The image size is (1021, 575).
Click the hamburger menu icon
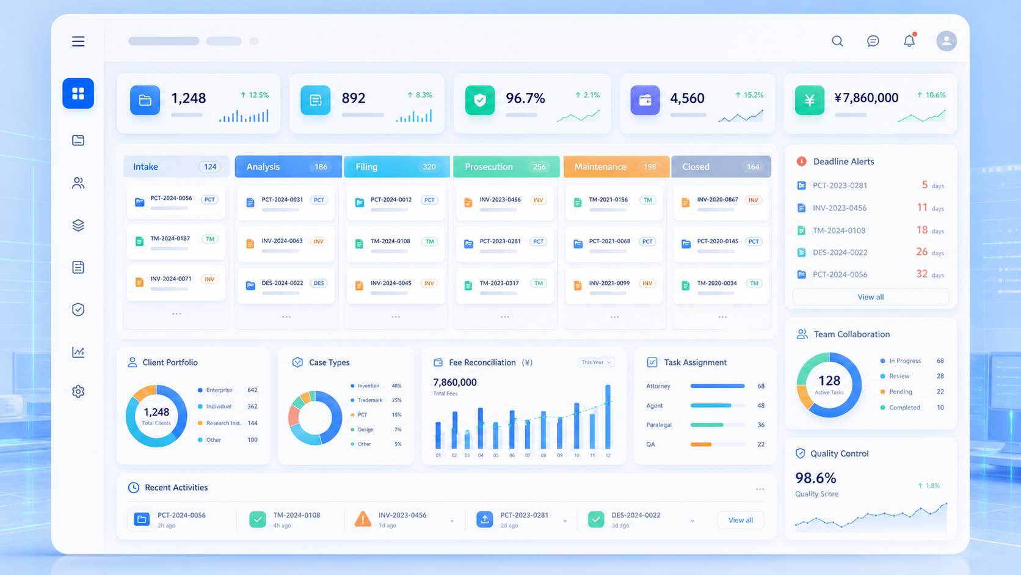(78, 41)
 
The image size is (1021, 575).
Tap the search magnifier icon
(837, 41)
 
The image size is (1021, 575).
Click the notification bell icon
(909, 40)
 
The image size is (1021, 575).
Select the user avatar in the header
(947, 41)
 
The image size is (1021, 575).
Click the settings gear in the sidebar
(78, 391)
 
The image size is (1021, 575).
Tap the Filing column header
(396, 166)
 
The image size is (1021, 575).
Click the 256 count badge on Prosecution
(539, 167)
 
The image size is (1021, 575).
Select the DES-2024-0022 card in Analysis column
(286, 287)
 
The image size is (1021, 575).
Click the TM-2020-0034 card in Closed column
(721, 287)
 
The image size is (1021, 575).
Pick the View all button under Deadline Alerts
(871, 297)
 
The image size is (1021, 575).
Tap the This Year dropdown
(596, 362)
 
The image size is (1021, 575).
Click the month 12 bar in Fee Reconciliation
(608, 416)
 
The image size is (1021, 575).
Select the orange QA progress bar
(701, 444)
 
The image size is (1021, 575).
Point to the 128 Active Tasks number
(829, 381)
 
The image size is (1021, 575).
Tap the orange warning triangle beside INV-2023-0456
(363, 519)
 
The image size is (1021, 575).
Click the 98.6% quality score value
(816, 478)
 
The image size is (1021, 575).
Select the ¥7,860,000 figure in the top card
(866, 98)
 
